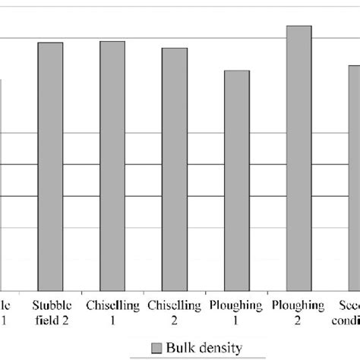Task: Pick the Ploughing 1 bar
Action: coord(237,178)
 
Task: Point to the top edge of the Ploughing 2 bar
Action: coord(298,27)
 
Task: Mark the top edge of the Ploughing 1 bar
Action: coord(237,71)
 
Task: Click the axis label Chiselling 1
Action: coord(113,313)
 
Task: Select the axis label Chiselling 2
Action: coord(175,313)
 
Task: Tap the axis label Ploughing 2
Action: coord(298,313)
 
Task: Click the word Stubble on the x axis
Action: coord(51,306)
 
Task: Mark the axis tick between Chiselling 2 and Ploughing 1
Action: coord(206,291)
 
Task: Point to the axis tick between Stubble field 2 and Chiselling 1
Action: coord(82,291)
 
